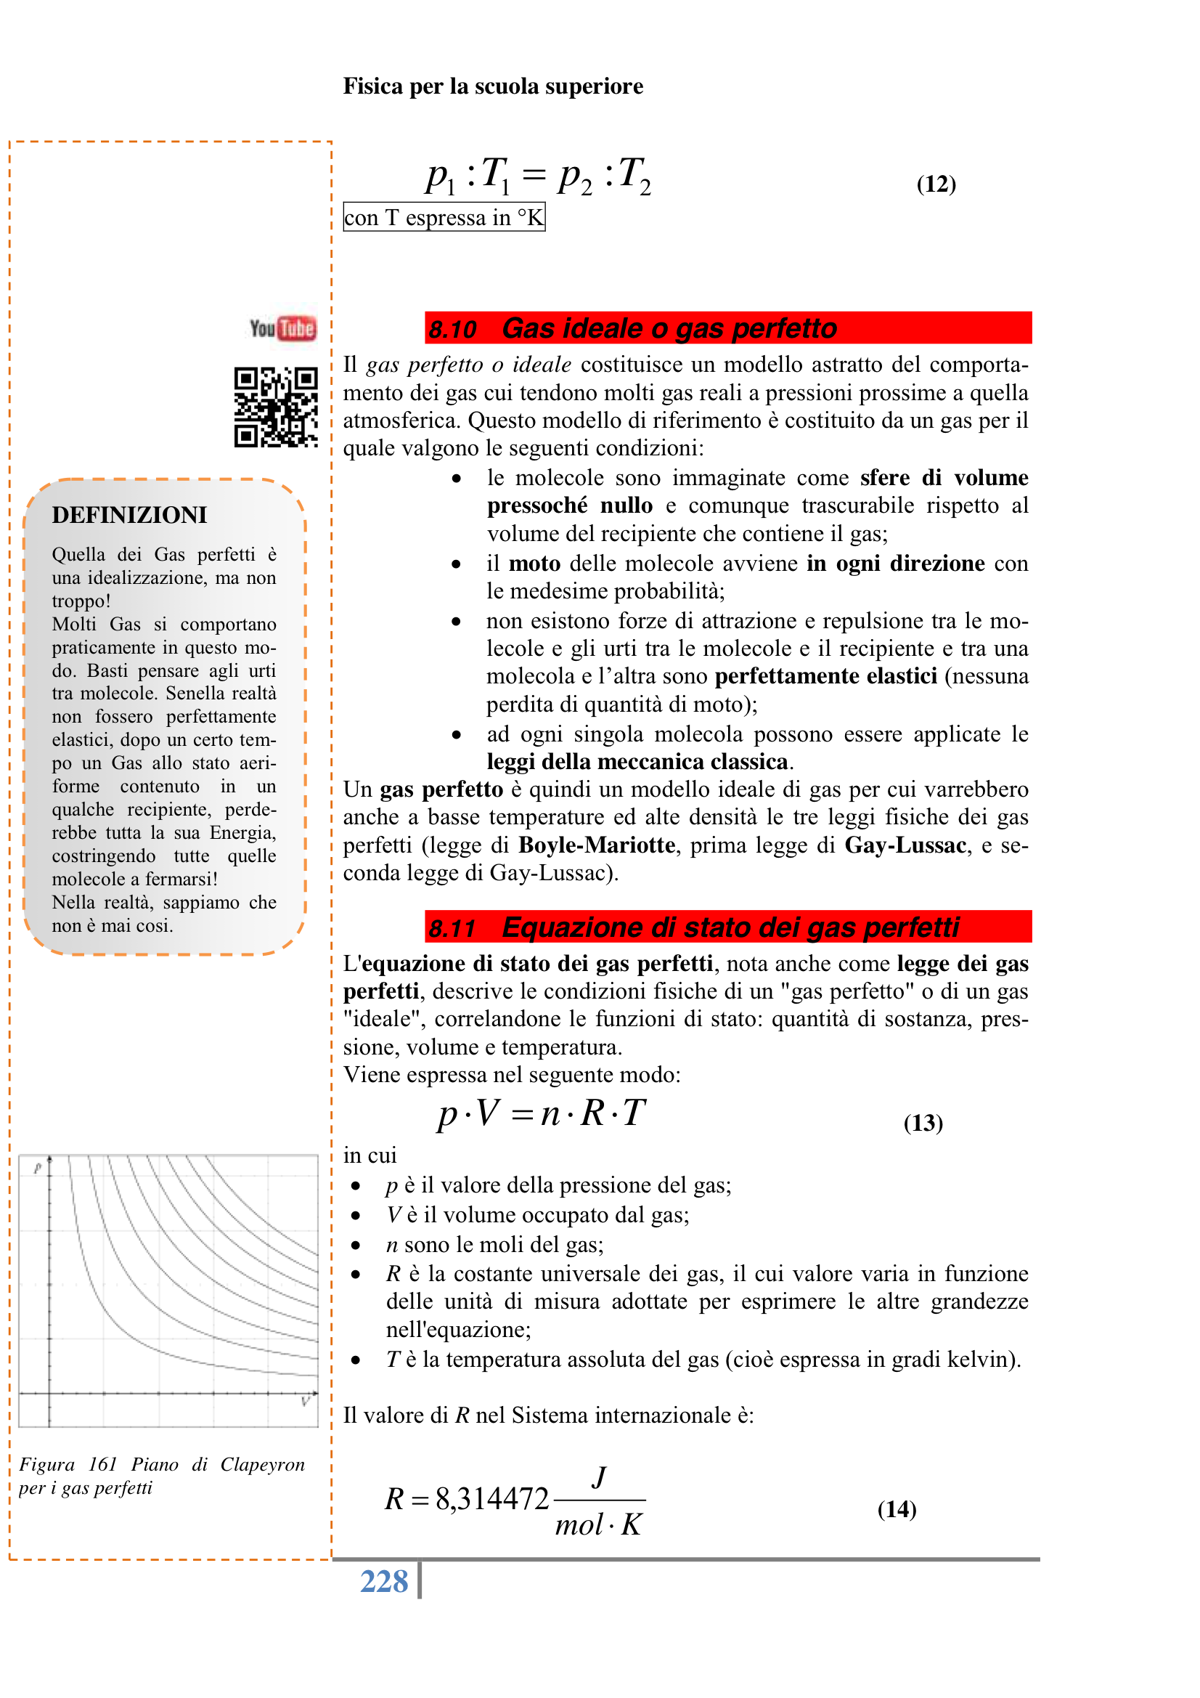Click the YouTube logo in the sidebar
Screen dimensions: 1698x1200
[x=282, y=328]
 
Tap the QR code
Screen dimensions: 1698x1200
[x=276, y=407]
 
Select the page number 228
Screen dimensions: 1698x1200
[x=384, y=1582]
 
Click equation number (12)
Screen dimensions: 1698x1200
[x=936, y=184]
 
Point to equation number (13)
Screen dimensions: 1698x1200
[x=923, y=1123]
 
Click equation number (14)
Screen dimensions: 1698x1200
[x=897, y=1508]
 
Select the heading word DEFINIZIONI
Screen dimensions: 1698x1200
[x=129, y=515]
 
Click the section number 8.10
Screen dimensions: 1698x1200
[x=453, y=329]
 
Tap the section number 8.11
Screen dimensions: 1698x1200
[x=452, y=928]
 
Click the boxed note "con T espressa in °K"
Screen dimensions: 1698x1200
[x=444, y=217]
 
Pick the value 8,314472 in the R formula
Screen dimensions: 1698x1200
[x=491, y=1499]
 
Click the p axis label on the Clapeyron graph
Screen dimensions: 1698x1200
[x=38, y=1169]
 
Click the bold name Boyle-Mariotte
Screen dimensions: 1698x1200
[x=597, y=845]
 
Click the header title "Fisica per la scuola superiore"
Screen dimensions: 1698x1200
[x=493, y=86]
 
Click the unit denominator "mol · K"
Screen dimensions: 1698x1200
[x=598, y=1525]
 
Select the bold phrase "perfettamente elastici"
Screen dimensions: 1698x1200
[x=826, y=676]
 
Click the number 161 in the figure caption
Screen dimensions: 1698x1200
[x=103, y=1464]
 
